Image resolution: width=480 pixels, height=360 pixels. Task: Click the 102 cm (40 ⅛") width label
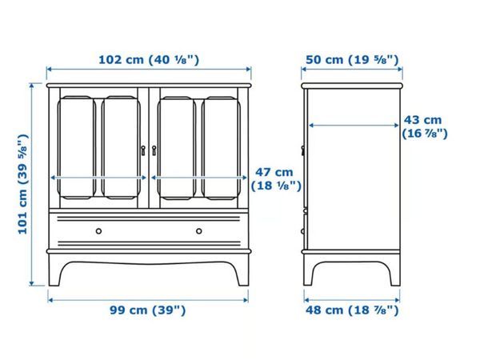coord(149,59)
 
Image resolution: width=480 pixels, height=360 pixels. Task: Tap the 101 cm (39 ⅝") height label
coord(23,184)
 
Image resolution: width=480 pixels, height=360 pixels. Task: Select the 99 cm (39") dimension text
coord(148,310)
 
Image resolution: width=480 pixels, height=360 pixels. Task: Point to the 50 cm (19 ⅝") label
coord(352,59)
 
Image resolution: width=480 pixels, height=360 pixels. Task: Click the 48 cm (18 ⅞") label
coord(352,310)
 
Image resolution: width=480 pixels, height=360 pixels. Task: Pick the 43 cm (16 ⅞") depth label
coord(425,126)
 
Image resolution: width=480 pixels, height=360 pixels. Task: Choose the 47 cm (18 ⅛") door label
coord(276,179)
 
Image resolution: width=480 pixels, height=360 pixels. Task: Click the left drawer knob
coord(98,231)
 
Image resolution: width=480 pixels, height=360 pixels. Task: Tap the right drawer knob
coord(199,231)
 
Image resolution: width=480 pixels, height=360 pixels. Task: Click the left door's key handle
coord(143,150)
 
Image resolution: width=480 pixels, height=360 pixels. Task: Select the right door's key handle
coord(154,150)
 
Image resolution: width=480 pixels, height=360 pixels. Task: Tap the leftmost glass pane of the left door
coord(77,148)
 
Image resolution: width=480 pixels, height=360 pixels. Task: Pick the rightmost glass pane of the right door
coord(221,149)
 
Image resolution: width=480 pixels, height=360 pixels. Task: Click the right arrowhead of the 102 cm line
coord(249,69)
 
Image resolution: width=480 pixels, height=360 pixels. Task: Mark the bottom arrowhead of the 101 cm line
coord(31,283)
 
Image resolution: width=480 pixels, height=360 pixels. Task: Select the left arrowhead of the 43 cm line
coord(311,126)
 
